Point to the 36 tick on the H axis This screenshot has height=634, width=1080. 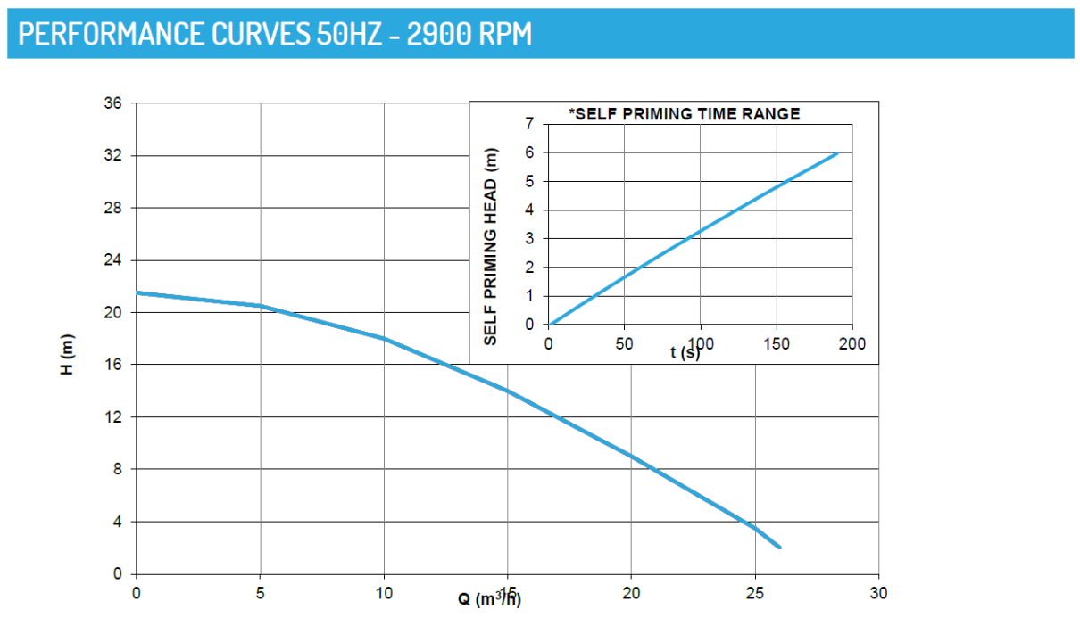click(x=112, y=103)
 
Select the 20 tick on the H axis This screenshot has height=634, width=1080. click(x=112, y=313)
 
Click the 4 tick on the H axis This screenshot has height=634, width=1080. click(x=116, y=522)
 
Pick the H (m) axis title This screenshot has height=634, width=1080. click(x=68, y=354)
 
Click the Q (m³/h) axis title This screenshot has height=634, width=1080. click(x=490, y=598)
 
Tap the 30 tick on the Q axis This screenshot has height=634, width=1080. click(x=879, y=593)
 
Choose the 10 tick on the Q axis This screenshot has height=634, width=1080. click(x=384, y=593)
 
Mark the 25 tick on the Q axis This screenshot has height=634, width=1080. click(x=755, y=593)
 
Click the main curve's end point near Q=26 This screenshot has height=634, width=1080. click(x=780, y=548)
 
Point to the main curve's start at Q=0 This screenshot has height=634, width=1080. click(x=137, y=292)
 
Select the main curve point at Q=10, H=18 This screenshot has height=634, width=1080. click(x=384, y=339)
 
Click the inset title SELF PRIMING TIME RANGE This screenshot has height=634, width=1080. click(x=685, y=113)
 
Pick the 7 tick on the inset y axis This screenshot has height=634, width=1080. click(x=529, y=125)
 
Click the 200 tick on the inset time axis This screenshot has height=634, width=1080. click(x=853, y=344)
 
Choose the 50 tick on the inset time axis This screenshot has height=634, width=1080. click(x=625, y=344)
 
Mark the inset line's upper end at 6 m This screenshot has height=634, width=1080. click(x=837, y=153)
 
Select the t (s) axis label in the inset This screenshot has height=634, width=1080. click(x=685, y=353)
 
